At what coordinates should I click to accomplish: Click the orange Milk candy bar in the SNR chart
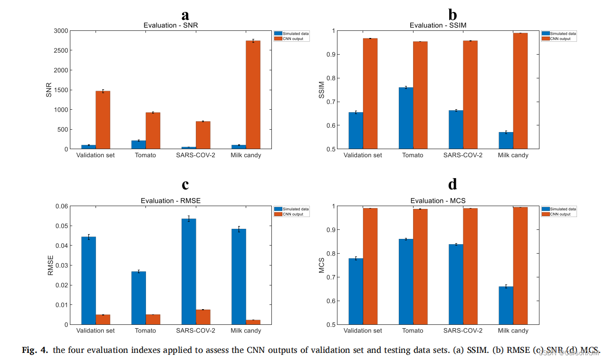253,95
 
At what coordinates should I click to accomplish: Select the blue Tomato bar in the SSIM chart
405,118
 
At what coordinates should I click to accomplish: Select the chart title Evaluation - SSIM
438,25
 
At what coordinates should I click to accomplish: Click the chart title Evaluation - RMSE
171,200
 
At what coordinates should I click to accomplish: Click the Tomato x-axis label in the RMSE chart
145,331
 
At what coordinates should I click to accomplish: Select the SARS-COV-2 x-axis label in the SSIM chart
463,155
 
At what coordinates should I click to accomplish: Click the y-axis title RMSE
51,265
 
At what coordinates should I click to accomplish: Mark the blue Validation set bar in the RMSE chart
88,281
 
